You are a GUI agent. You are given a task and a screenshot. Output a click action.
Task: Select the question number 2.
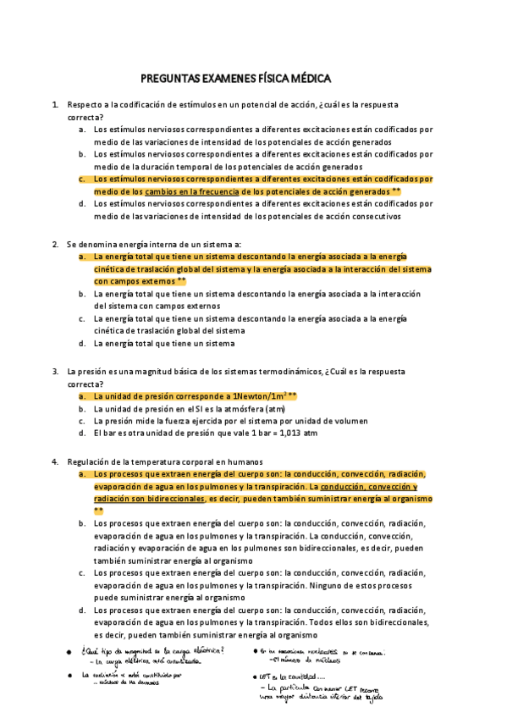55,244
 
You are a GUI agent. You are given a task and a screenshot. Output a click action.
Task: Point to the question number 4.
55,461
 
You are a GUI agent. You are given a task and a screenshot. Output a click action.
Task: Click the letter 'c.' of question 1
82,179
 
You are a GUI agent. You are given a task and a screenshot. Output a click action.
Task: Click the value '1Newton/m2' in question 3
258,395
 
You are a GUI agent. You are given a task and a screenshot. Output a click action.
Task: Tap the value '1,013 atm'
298,433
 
